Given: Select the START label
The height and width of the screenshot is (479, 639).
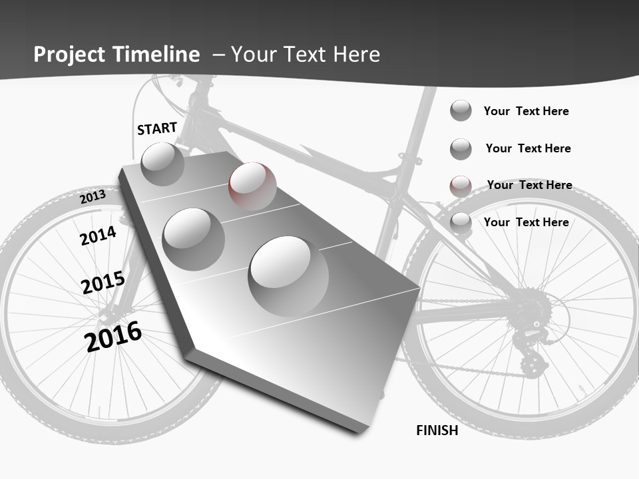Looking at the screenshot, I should click(x=157, y=128).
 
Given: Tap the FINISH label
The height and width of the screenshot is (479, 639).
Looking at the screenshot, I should click(x=437, y=430).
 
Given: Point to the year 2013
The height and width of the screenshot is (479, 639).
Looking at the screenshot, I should click(x=93, y=196).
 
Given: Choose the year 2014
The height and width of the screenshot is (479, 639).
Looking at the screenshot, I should click(x=98, y=236).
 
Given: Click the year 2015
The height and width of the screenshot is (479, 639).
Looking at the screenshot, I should click(x=103, y=283).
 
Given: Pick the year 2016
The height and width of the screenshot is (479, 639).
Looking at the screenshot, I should click(x=113, y=337).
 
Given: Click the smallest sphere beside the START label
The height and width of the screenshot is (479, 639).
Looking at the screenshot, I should click(x=162, y=164).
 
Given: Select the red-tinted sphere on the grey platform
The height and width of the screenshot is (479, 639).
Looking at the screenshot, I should click(x=252, y=186).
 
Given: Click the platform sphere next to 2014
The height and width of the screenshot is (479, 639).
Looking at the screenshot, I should click(x=194, y=239).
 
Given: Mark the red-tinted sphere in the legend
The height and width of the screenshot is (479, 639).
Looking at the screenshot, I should click(x=461, y=186).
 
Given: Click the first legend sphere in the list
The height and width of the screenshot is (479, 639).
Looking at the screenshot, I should click(x=461, y=110).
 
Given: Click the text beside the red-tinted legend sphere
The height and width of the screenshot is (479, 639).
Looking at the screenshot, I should click(x=529, y=185).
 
